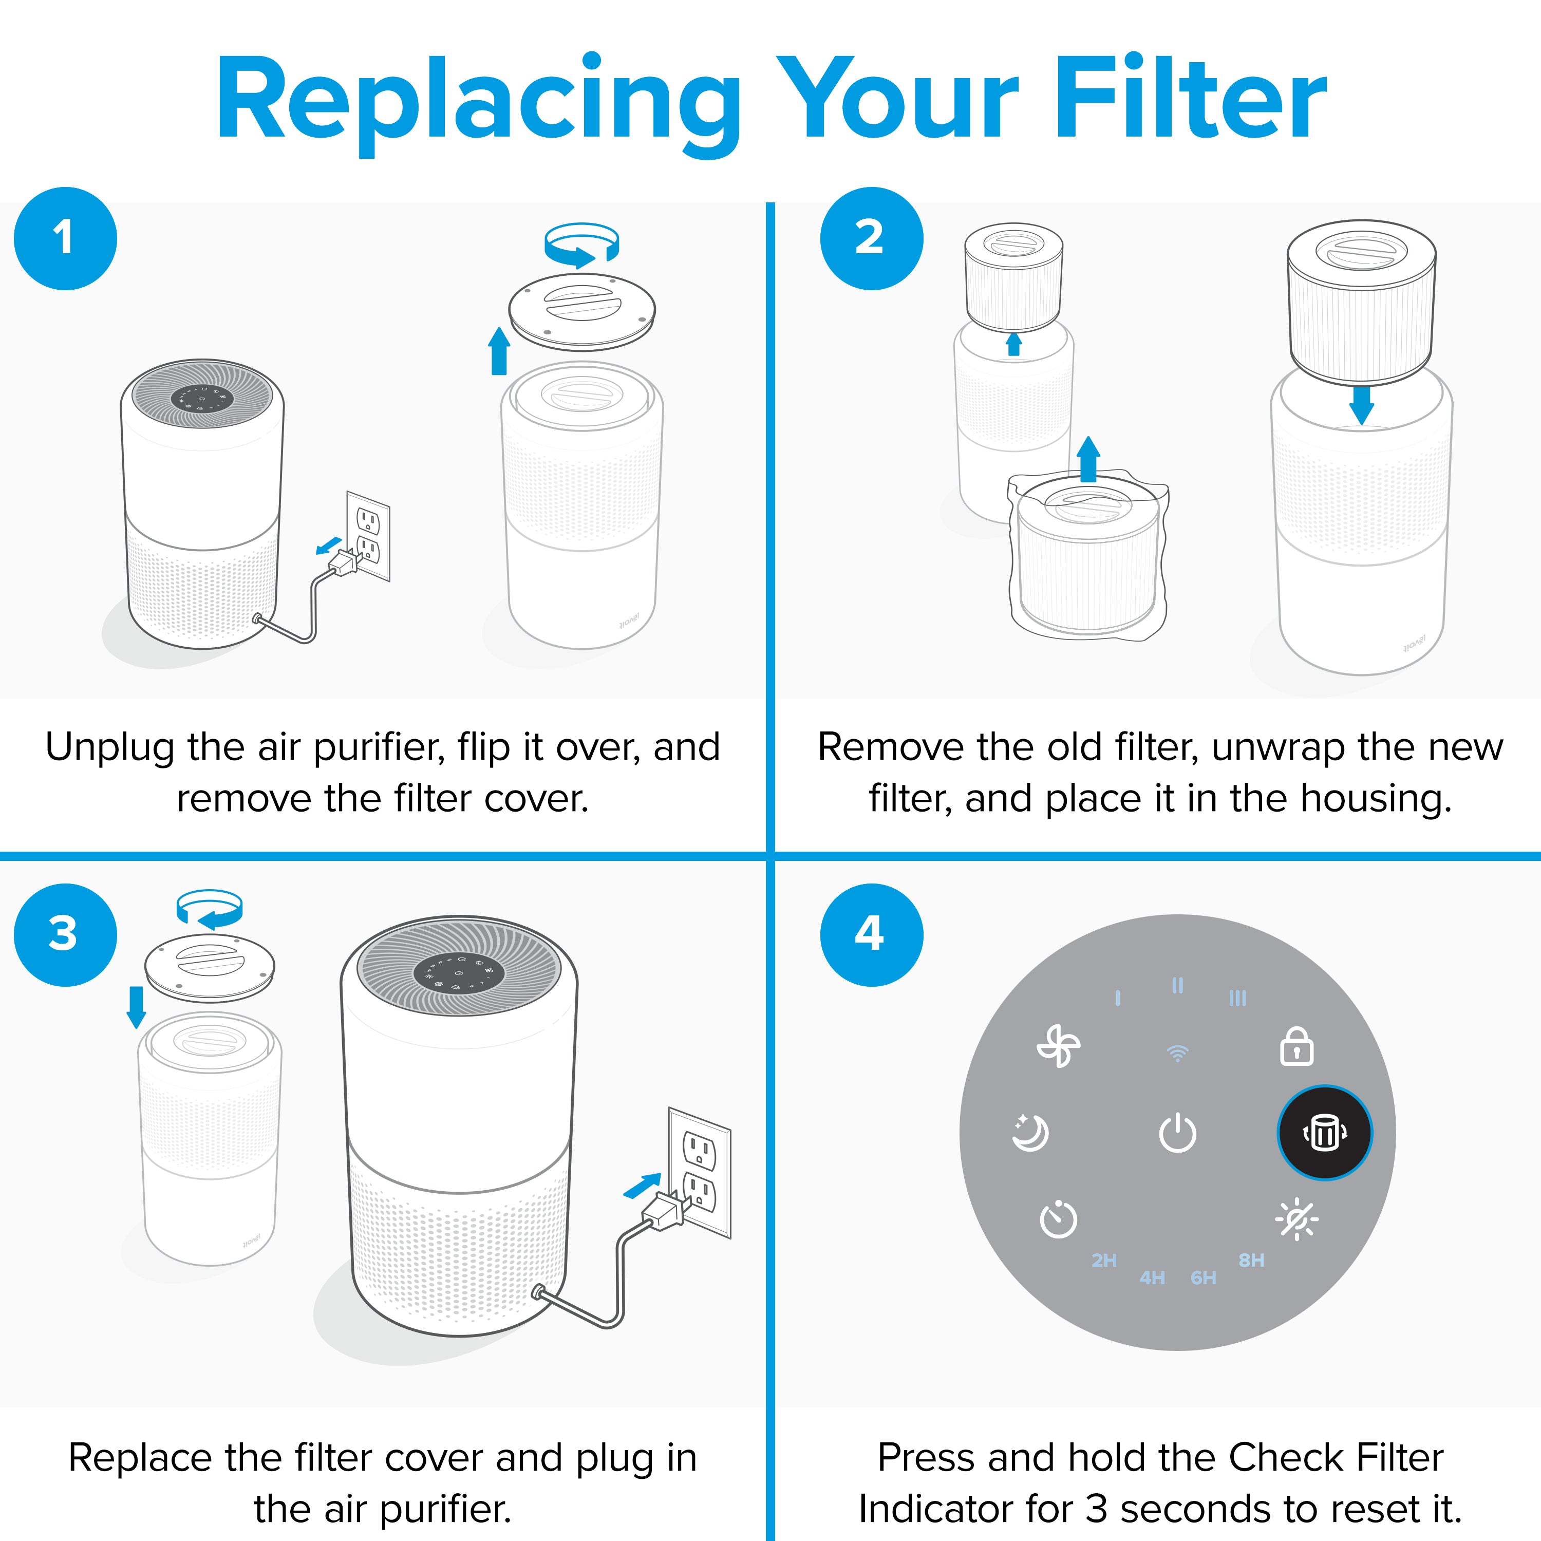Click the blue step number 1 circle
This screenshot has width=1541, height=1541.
point(65,238)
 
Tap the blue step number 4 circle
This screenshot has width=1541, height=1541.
point(871,935)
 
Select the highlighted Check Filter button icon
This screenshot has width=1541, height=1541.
point(1325,1133)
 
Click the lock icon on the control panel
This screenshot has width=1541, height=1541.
point(1296,1047)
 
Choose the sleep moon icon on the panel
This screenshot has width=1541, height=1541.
point(1030,1133)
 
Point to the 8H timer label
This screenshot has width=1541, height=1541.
point(1251,1260)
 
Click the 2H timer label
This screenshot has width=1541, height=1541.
point(1104,1260)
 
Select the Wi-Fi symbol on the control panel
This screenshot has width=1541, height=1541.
point(1177,1054)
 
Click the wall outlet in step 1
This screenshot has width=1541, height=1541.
point(368,535)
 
